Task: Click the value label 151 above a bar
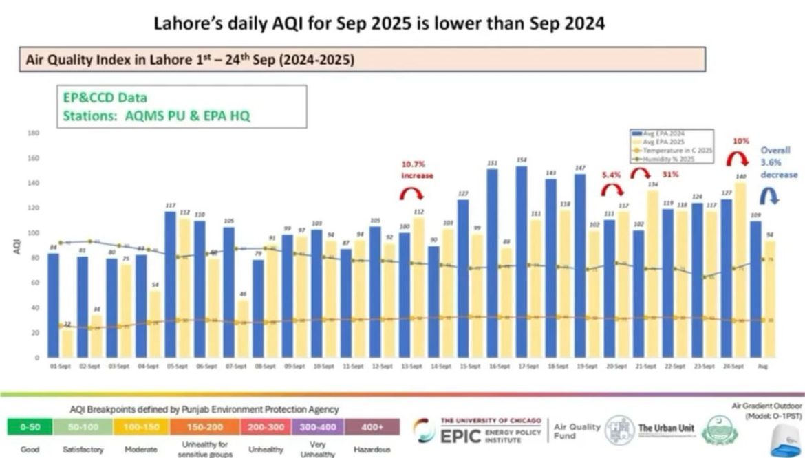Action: (x=493, y=163)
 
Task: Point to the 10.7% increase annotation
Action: (x=418, y=170)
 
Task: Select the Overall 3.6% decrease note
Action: (x=777, y=162)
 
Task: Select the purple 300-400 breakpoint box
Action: (x=318, y=427)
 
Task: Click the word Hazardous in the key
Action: (x=372, y=449)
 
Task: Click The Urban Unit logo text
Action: (x=667, y=428)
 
